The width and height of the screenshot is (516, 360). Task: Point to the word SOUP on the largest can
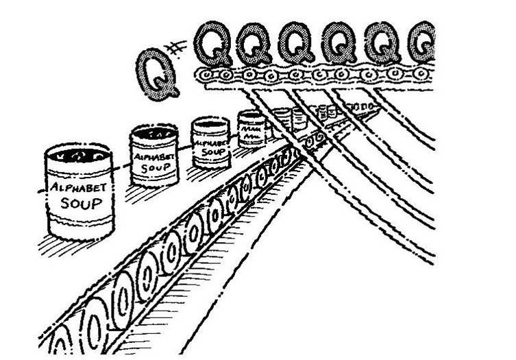click(x=80, y=204)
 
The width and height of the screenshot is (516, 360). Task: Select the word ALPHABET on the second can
click(x=154, y=154)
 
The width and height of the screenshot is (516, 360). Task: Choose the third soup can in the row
click(x=210, y=143)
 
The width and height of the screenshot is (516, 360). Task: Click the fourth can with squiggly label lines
click(x=251, y=128)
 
